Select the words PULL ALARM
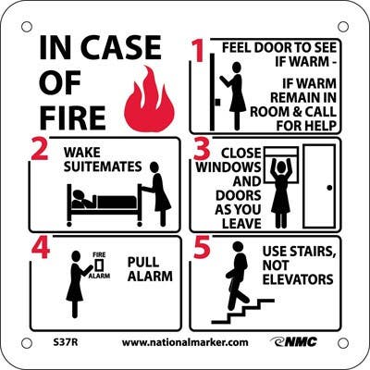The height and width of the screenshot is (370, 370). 144,270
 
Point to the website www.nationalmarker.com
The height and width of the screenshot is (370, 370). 185,341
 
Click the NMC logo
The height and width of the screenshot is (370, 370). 294,341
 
